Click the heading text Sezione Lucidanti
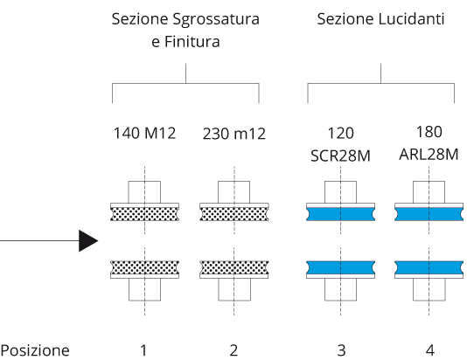380,19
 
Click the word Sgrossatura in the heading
216,19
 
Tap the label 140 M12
145,133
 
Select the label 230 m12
234,134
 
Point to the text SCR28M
340,156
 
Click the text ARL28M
429,155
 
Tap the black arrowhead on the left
88,240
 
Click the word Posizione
35,350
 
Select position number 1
143,350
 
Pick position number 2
233,350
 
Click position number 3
341,350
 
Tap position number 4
429,350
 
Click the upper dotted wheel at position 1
145,214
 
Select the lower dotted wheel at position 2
234,267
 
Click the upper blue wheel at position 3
341,214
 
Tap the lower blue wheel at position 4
429,267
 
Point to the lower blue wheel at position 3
341,267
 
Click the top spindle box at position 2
234,192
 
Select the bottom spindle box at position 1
145,289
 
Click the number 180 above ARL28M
429,132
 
